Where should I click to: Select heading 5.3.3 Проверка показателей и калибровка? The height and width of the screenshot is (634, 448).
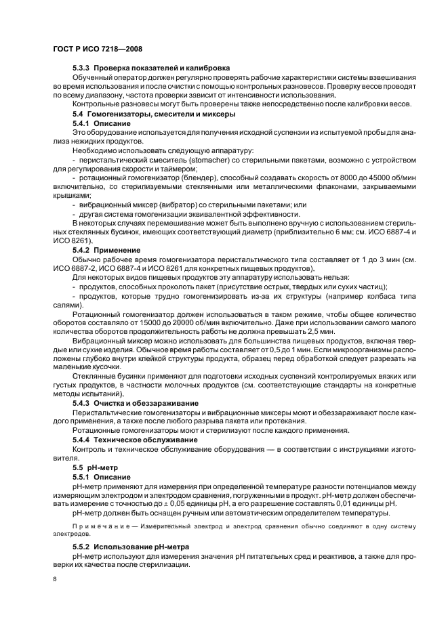[151, 68]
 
